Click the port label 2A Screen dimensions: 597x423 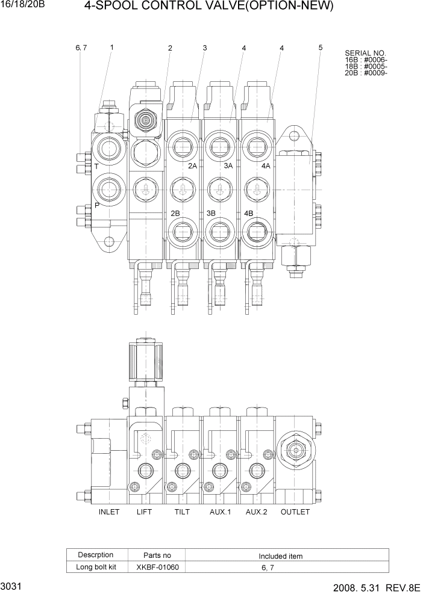point(193,166)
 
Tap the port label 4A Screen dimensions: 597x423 point(265,166)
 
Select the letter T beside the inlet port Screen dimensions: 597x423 point(96,165)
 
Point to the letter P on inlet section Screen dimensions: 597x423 point(96,206)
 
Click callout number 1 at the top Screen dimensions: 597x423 point(112,47)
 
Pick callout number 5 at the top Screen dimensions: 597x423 point(321,47)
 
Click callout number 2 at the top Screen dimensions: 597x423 point(170,48)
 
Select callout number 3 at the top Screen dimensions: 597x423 point(205,48)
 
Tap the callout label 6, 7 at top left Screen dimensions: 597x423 point(81,48)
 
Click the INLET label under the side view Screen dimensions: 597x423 point(109,512)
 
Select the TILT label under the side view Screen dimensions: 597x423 point(181,512)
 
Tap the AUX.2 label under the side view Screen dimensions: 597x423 point(256,512)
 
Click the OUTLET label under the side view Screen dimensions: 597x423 point(295,512)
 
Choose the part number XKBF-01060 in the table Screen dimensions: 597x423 point(157,567)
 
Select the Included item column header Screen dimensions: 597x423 point(281,556)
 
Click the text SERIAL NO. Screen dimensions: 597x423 point(365,53)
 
